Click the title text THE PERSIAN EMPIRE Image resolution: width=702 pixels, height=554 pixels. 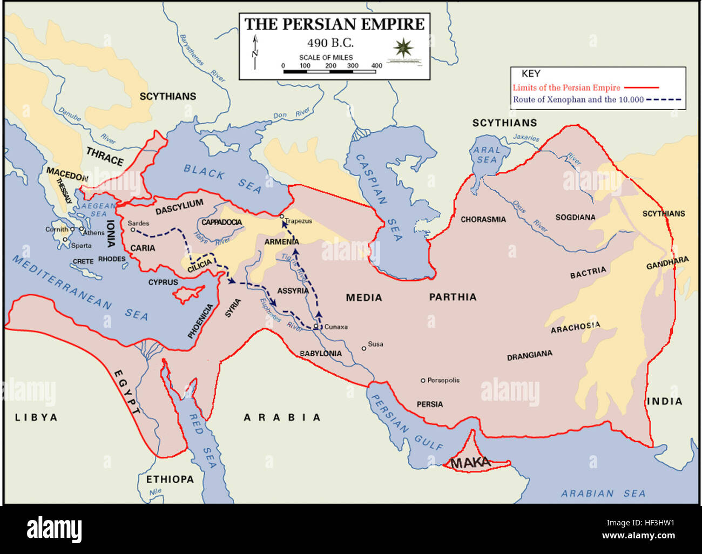point(334,24)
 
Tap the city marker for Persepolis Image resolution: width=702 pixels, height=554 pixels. point(423,381)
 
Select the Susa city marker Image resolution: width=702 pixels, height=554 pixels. point(364,348)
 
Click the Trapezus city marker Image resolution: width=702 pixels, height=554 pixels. point(281,217)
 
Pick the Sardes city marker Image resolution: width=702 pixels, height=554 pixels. point(133,229)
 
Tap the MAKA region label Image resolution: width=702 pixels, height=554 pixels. point(470,463)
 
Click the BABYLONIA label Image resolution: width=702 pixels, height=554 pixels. point(321,354)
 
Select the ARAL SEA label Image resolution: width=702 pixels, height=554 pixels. point(487,155)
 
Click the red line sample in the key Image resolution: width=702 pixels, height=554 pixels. point(641,87)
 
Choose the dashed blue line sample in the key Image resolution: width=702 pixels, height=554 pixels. point(664,99)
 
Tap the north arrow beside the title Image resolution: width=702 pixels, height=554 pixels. point(255,52)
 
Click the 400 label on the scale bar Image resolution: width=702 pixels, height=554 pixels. point(376,66)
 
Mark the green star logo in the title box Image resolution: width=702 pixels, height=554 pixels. point(403,48)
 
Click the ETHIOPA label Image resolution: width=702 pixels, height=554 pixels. point(170,479)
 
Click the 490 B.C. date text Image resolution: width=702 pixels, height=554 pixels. point(330,43)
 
